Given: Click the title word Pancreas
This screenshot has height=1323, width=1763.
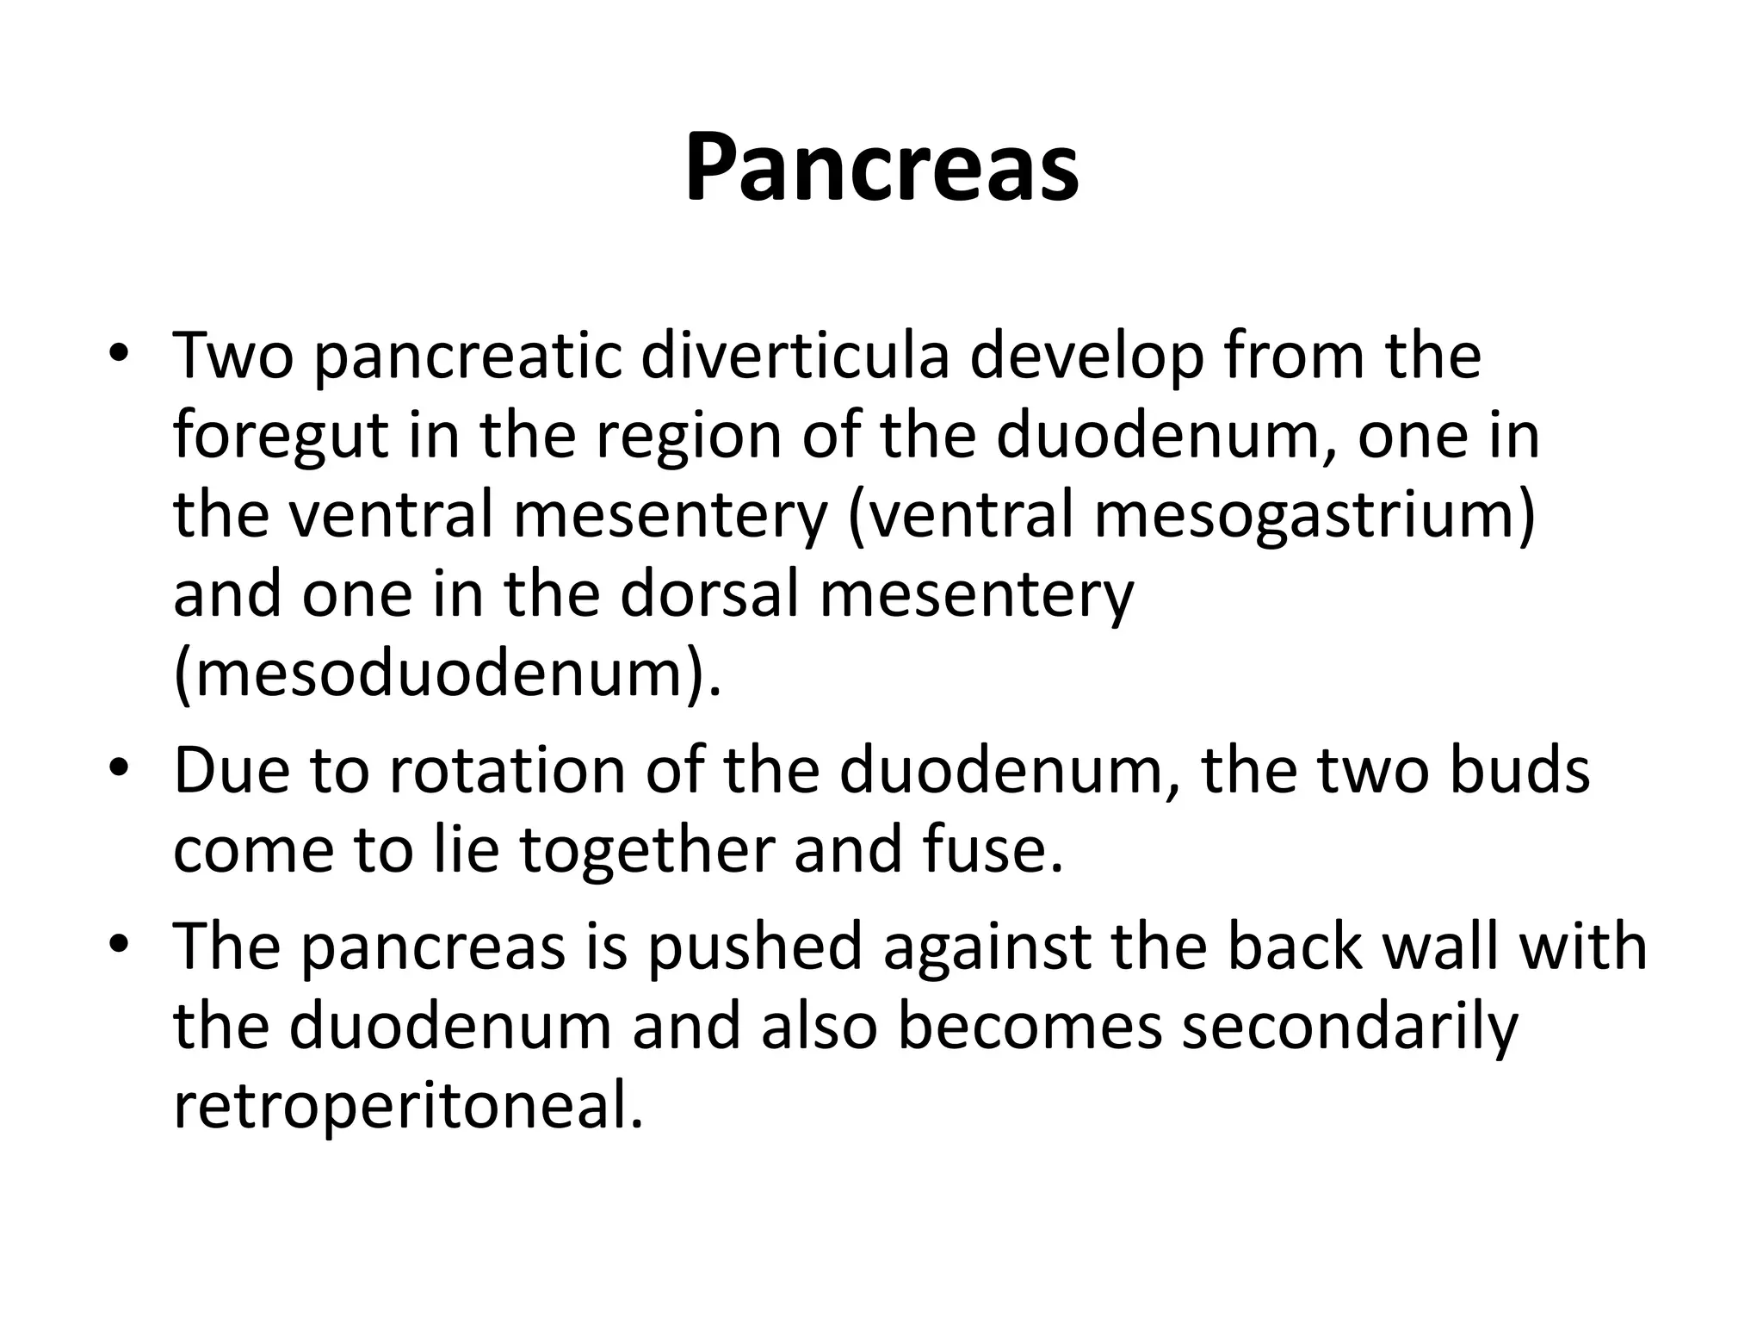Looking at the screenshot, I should click(x=881, y=167).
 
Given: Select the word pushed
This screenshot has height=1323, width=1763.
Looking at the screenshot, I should click(x=754, y=946).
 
